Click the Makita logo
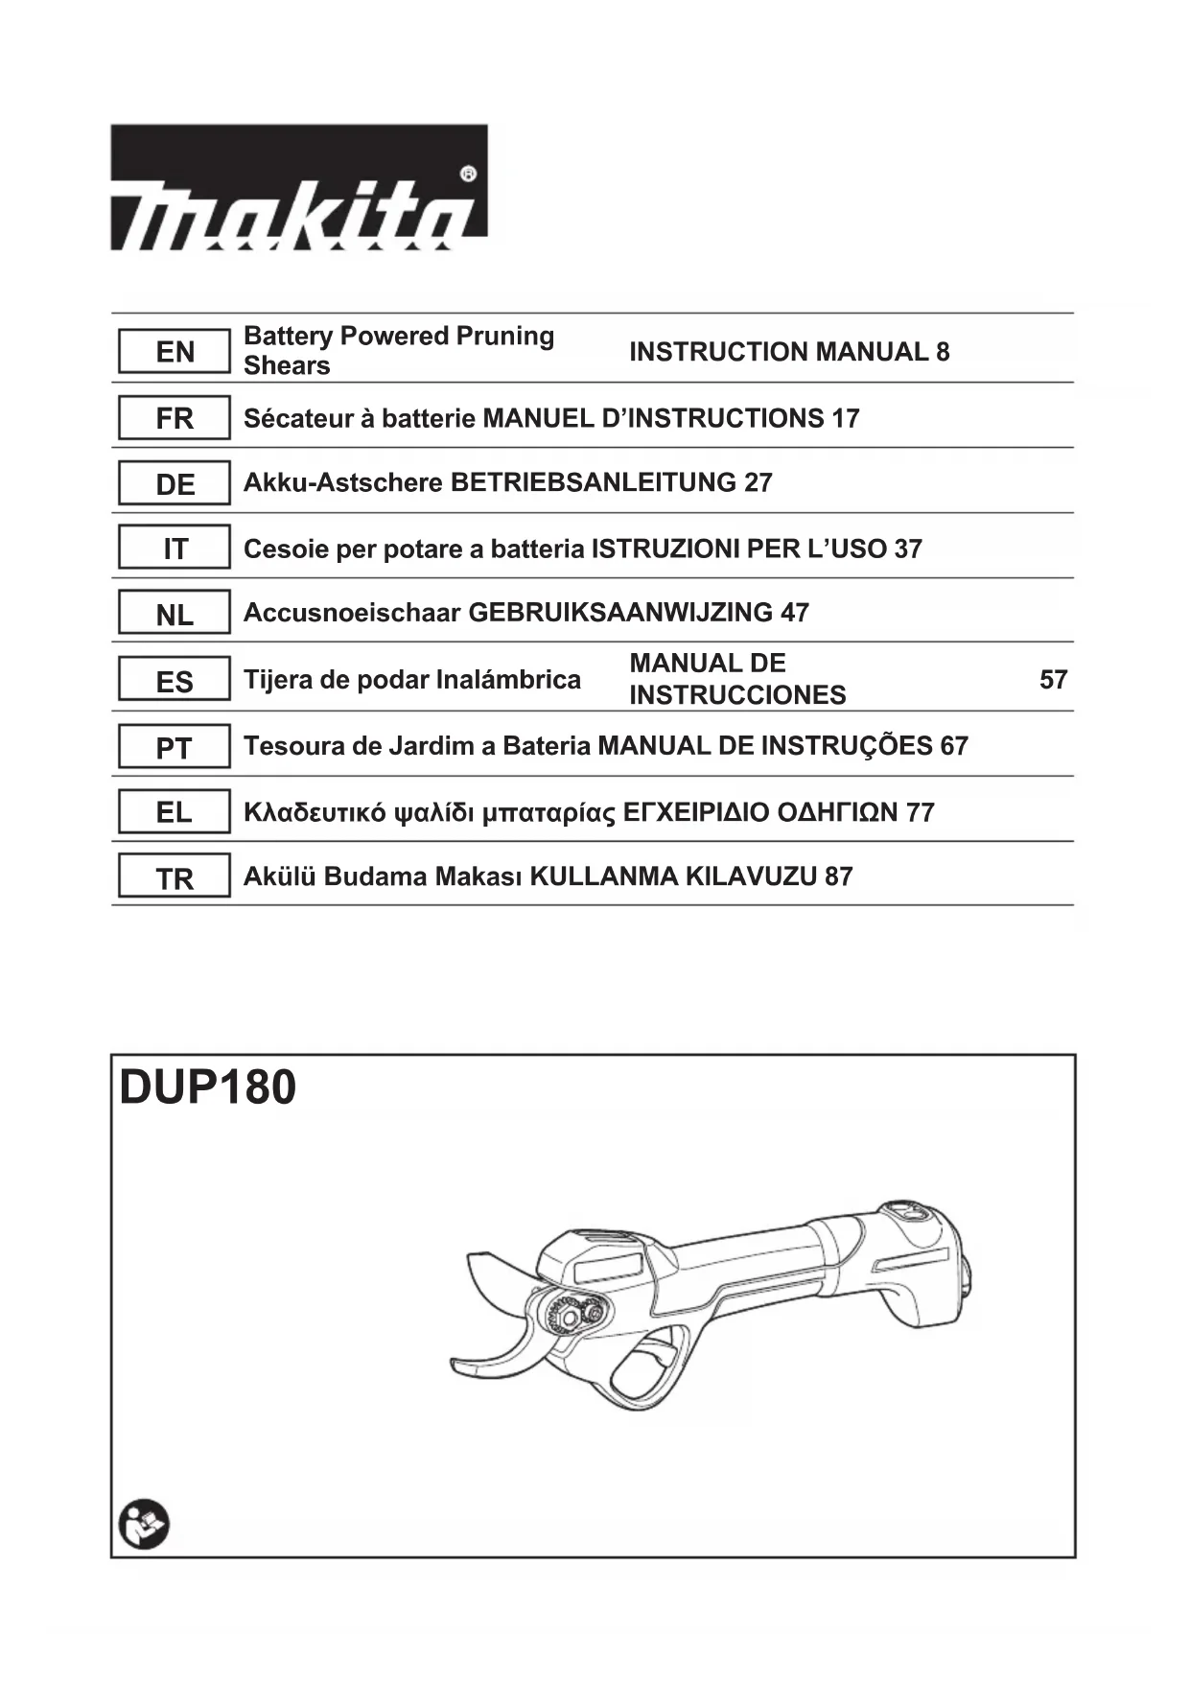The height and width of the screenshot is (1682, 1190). [298, 188]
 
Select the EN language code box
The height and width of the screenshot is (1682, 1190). [175, 352]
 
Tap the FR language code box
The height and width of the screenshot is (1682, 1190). [175, 418]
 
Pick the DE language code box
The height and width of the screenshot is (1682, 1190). [175, 483]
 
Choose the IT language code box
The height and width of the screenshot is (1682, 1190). [175, 549]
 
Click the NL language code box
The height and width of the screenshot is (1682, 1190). [175, 614]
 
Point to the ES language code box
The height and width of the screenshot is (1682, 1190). [175, 681]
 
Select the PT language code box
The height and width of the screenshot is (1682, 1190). [175, 747]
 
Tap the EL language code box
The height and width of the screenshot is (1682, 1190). [175, 812]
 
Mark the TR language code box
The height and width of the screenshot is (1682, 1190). [175, 877]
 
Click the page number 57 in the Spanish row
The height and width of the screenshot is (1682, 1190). [1053, 680]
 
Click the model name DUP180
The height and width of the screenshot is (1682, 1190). [208, 1087]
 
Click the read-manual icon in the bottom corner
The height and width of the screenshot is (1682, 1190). [144, 1524]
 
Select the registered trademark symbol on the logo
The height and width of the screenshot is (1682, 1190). [468, 175]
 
